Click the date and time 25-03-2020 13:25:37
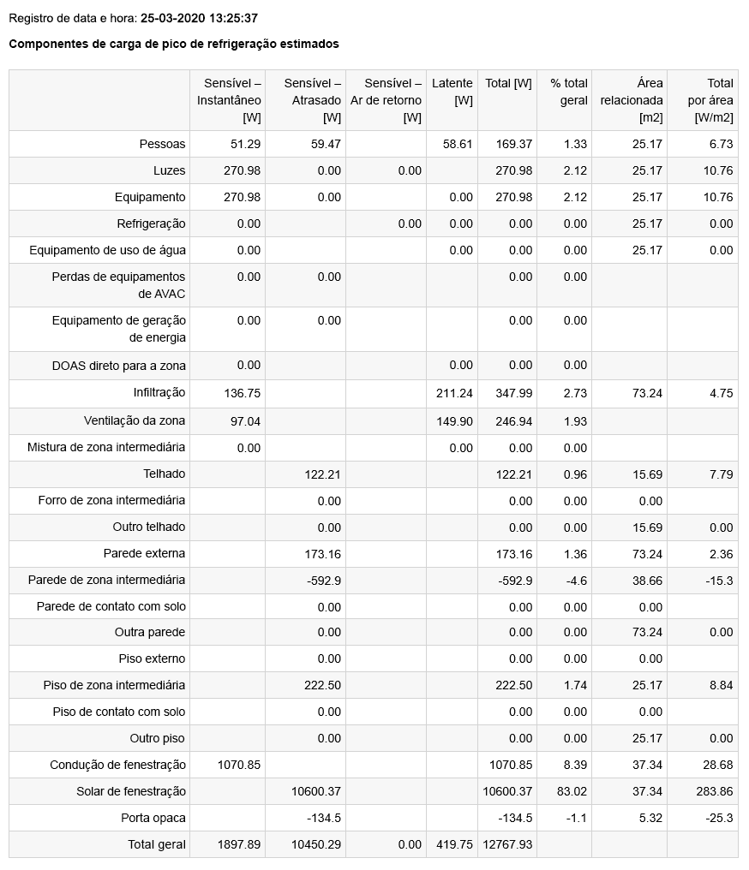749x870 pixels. (199, 18)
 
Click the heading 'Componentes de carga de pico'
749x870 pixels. (174, 44)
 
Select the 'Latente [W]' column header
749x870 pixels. (452, 92)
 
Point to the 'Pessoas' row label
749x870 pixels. (163, 144)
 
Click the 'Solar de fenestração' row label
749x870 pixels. (131, 791)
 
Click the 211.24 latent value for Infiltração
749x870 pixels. (454, 393)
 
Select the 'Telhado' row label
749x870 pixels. (165, 474)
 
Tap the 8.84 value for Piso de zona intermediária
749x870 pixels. (721, 685)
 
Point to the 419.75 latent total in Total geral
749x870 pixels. (454, 844)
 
